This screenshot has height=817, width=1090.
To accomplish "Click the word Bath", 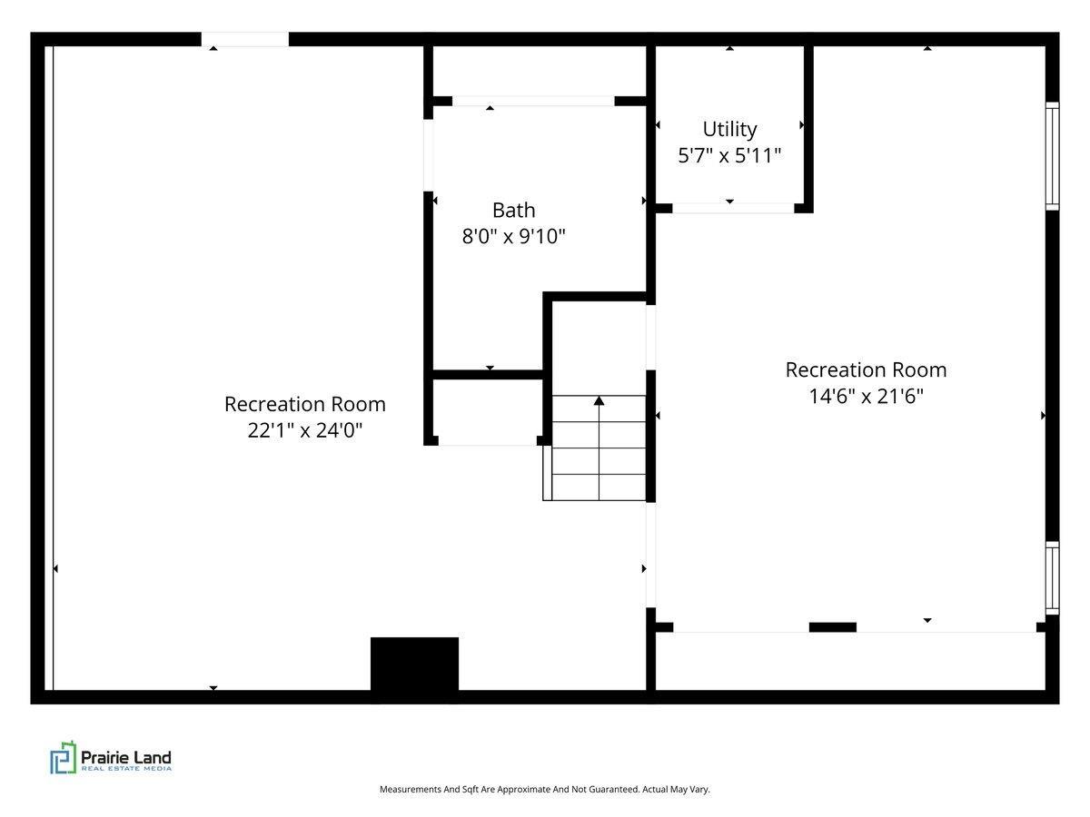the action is coord(513,211).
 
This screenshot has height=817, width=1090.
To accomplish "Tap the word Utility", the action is coord(729,130).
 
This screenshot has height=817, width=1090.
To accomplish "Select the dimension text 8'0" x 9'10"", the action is coord(513,236).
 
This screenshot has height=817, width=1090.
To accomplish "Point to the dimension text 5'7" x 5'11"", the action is coord(729,156).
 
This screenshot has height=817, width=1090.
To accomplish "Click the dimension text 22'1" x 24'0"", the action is coord(305,430).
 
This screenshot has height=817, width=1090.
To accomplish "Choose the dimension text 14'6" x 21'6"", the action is coord(866,397).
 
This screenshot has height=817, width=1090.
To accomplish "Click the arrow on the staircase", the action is coord(599,448).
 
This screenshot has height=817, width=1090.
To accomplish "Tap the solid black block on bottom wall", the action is coord(414,664).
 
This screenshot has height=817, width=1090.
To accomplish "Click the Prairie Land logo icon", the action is coord(63,757).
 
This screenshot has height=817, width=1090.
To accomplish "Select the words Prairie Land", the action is coord(126,757).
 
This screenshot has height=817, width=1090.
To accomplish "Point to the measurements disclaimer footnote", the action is coord(545,789).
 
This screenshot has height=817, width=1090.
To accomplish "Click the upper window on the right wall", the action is coord(1052,156).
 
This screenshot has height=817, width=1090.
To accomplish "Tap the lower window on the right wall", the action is coord(1052,578).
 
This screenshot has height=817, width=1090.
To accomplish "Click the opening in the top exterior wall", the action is coord(245,40).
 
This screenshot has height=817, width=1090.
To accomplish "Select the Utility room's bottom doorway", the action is coord(733,209).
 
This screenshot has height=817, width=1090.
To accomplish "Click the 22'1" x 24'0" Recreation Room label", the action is coord(305,417).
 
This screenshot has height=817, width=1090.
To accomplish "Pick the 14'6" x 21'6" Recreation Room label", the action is coord(866,383).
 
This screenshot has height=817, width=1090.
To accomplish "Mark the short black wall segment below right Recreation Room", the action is coord(833,627).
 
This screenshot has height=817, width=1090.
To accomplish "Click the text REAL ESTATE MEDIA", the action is coord(126,769).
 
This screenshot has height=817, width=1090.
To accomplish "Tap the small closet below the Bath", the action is coord(488,410).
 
